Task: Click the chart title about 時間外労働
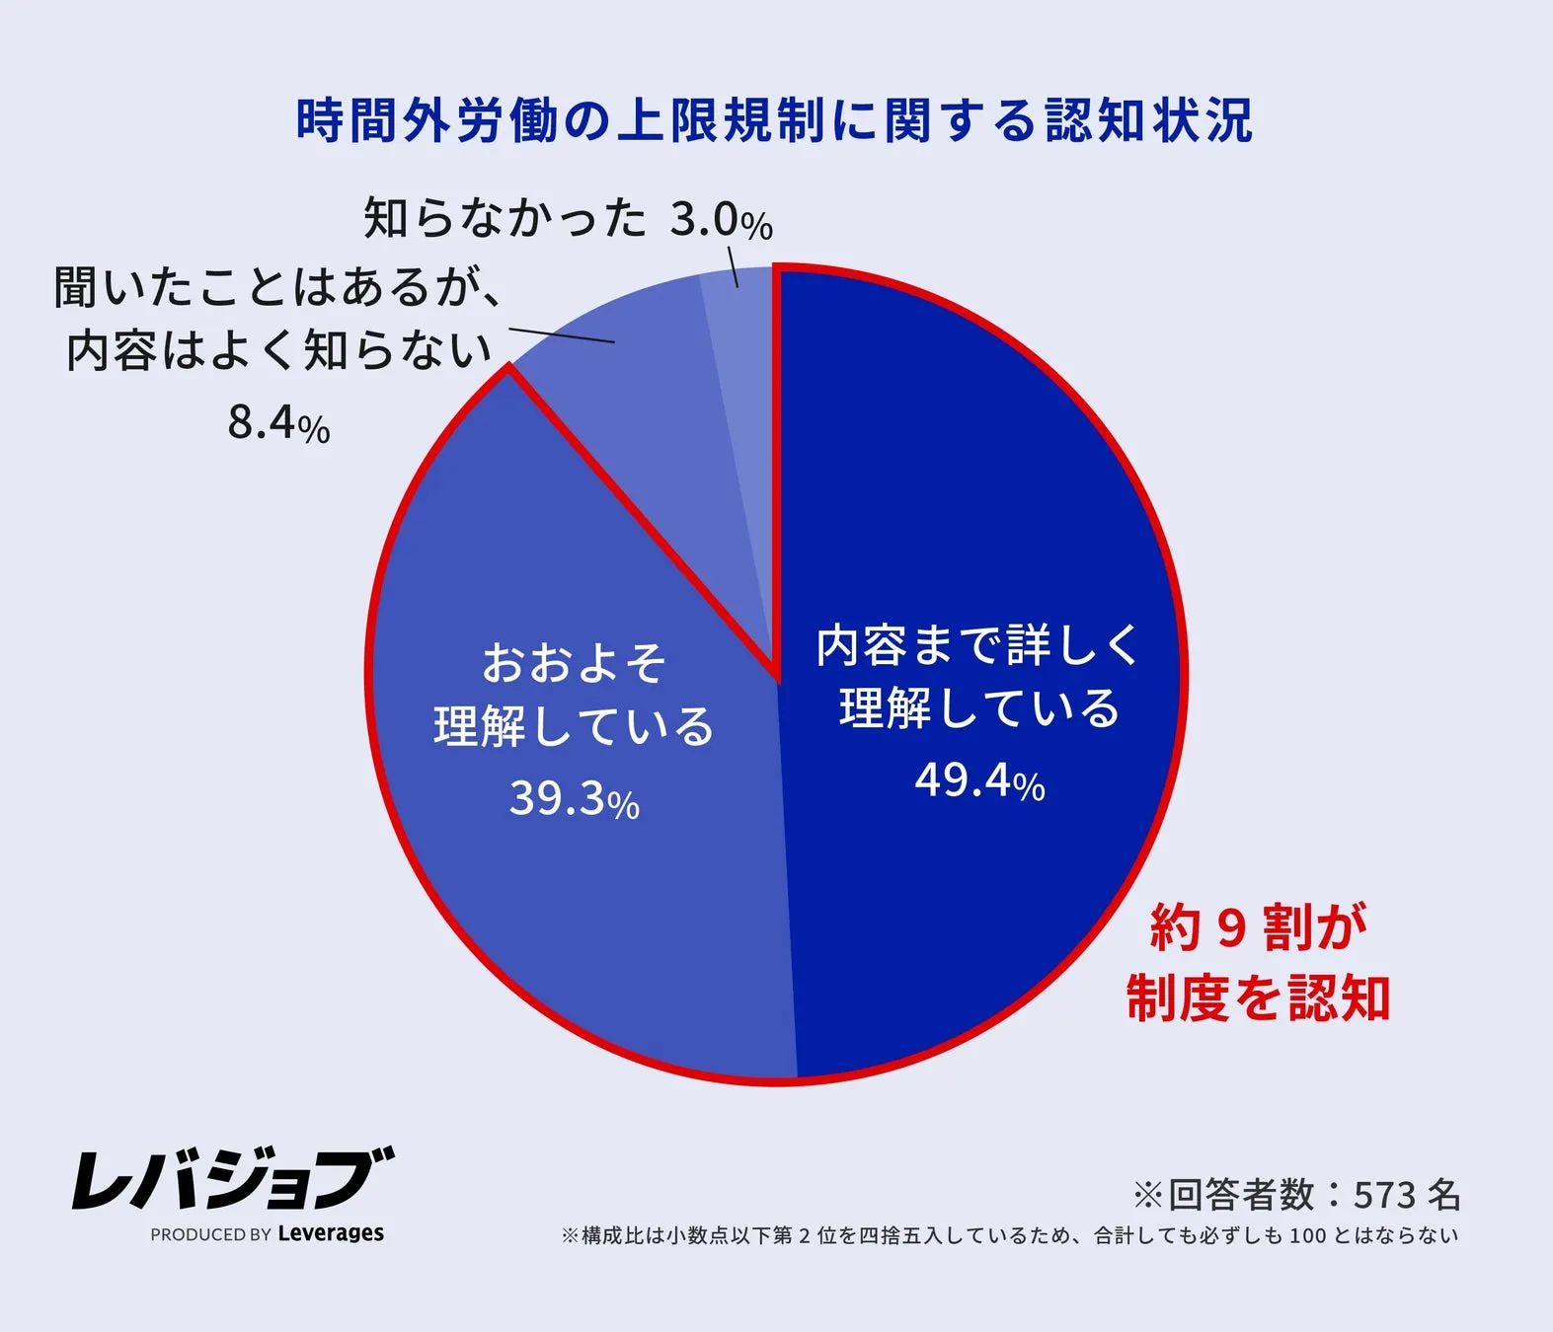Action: pos(775,121)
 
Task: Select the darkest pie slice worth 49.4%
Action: pos(987,493)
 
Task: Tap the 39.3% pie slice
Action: pos(553,888)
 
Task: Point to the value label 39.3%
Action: pos(574,799)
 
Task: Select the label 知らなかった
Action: pos(505,218)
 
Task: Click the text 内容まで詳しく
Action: pos(977,646)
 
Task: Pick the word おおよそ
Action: pos(574,663)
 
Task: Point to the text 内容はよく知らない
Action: pos(278,351)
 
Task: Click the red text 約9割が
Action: pos(1258,928)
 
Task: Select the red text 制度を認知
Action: pos(1258,998)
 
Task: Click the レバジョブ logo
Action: pos(233,1178)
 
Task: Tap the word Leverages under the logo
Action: pos(331,1233)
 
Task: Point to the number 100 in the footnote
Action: pos(1308,1235)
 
